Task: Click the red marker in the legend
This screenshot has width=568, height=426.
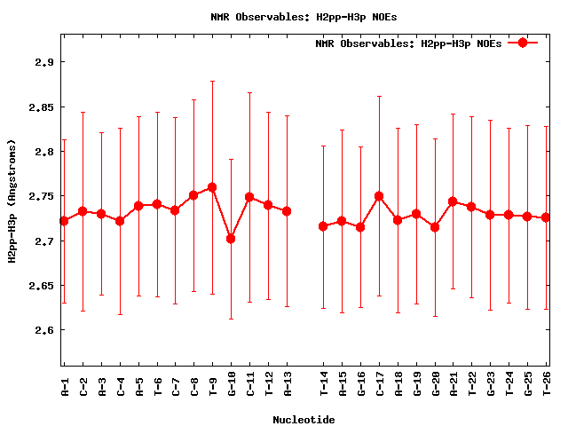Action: tap(523, 43)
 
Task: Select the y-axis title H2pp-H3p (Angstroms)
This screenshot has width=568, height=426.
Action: tap(12, 201)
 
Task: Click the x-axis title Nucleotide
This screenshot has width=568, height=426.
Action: tap(304, 420)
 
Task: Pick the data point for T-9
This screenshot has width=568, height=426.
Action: tap(212, 187)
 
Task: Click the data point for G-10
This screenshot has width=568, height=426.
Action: tap(231, 239)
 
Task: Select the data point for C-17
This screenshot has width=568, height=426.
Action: tap(379, 196)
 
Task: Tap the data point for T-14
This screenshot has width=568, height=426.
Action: tap(323, 226)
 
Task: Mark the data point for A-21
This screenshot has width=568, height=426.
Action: tap(454, 201)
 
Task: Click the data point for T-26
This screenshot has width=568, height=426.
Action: tap(546, 217)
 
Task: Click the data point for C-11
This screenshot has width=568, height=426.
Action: tap(249, 197)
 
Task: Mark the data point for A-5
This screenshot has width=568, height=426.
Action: tap(138, 206)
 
